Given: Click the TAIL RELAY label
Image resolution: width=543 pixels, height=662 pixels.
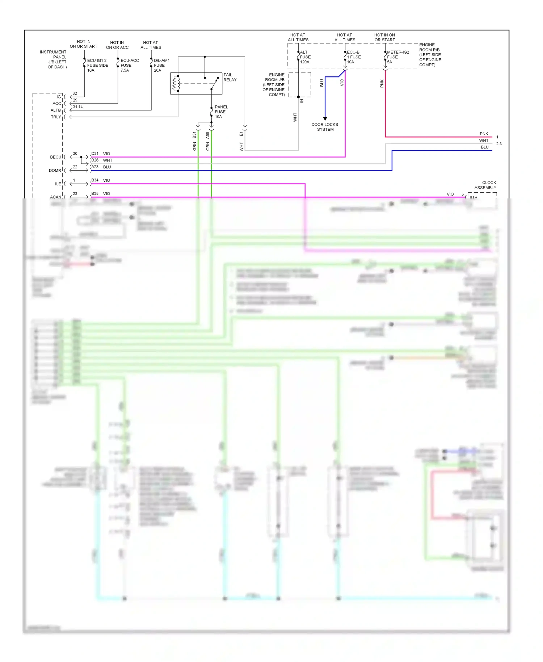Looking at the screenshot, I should [230, 77].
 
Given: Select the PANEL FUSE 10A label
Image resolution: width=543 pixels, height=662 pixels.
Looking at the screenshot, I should [221, 112].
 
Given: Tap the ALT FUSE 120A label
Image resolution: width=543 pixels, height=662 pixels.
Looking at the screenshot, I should [305, 57].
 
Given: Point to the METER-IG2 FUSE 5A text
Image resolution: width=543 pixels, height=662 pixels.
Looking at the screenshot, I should [397, 57].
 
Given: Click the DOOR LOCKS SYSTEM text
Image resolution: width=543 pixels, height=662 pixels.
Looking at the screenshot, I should [325, 127].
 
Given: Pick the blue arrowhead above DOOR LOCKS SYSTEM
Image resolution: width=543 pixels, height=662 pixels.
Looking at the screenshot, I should [325, 118].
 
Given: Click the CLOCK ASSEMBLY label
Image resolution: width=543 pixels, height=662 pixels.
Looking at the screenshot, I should [486, 185].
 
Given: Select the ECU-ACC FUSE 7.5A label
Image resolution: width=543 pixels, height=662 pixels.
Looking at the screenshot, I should [129, 66].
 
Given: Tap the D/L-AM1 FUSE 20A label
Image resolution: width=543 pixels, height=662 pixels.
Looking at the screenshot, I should [161, 66].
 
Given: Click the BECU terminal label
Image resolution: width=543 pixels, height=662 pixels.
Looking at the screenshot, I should [56, 157].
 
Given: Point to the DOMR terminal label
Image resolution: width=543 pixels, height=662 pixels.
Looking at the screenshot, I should [55, 171].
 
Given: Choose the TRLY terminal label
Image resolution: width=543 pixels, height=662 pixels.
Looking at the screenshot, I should [56, 117].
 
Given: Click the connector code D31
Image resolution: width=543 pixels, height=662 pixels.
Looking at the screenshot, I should [95, 154].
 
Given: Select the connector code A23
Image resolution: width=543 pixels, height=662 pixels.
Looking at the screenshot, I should [95, 167].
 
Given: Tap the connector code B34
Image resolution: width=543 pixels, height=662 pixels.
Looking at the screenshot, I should [95, 180].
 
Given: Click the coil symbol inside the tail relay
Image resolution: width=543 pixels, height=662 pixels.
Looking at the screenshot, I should [176, 84].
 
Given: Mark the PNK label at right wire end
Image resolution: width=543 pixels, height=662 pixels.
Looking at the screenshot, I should [484, 134].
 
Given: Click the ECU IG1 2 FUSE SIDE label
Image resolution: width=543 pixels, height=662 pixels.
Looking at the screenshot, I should [97, 66].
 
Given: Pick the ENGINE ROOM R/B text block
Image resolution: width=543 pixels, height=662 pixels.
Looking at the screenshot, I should [430, 55].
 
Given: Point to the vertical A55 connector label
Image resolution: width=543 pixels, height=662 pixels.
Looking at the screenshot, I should [208, 135].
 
